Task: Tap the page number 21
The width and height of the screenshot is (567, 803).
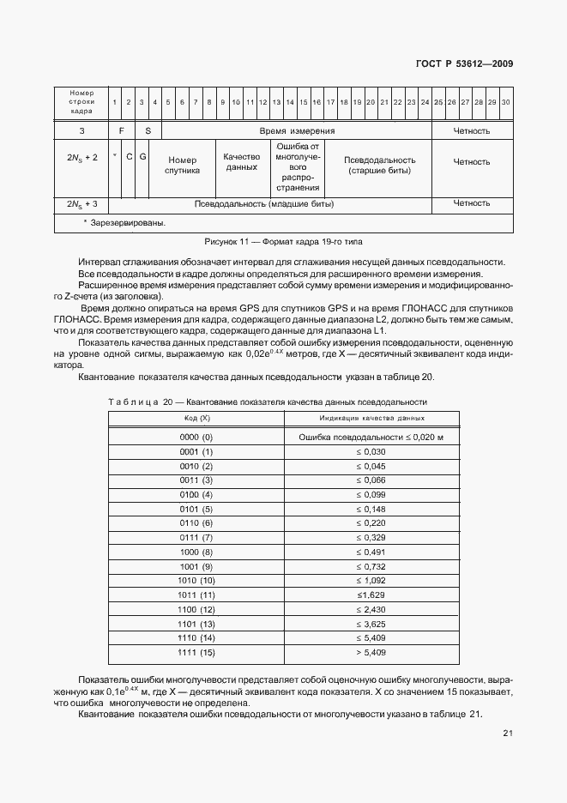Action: point(508,733)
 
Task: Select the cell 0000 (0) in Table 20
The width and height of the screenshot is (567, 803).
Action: point(196,438)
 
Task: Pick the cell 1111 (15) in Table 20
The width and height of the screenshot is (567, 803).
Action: point(196,653)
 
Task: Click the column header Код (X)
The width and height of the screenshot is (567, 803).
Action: point(196,418)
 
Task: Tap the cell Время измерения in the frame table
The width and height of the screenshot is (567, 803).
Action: point(297,131)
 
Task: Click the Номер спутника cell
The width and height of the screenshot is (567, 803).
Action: point(183,166)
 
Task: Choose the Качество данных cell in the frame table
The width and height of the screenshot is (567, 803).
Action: point(242,162)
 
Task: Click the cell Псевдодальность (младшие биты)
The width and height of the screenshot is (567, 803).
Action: point(264,204)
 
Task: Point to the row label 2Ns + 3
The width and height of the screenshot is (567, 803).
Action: point(82,204)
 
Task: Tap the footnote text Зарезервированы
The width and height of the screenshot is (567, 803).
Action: point(128,223)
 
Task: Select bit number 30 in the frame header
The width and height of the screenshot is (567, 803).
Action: point(505,102)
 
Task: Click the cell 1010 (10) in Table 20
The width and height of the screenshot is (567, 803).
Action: point(196,581)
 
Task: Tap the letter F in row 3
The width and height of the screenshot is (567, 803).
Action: point(123,131)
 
